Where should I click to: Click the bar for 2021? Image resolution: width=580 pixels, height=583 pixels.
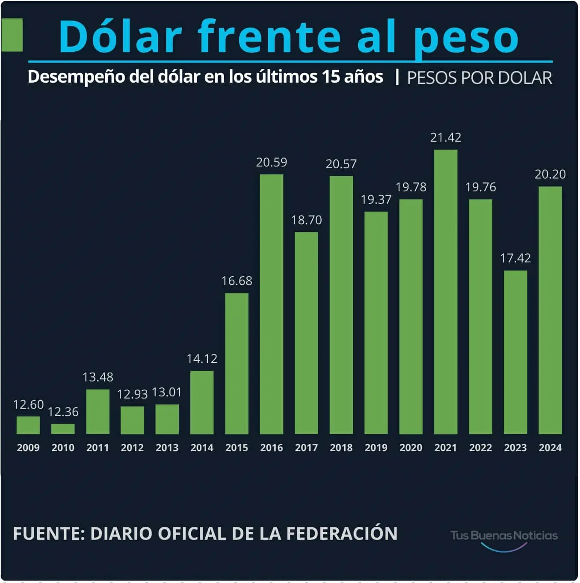pos(445,291)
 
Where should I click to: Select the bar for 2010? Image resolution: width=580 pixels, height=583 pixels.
pos(63,428)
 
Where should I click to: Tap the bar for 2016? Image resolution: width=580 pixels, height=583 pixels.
pos(272,304)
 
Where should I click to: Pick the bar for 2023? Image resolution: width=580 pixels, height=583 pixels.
pos(515,352)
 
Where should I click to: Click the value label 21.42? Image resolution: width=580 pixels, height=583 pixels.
pos(445,137)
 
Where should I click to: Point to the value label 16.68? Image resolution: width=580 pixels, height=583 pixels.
pos(237,281)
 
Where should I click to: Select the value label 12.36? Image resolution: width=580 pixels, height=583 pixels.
pos(63,412)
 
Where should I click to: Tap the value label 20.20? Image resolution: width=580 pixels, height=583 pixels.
pos(550,174)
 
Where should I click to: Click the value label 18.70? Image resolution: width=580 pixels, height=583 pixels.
pos(306,220)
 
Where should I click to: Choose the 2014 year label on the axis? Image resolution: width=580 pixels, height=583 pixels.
pos(202,448)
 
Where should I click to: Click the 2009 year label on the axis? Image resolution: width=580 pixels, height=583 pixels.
pos(28,448)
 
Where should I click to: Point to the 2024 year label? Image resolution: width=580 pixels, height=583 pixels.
pos(550,448)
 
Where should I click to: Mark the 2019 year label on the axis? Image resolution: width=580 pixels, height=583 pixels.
pos(376,448)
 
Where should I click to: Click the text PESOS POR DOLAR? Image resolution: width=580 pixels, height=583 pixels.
pos(479,78)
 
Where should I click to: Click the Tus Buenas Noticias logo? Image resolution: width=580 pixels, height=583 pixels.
pos(504,537)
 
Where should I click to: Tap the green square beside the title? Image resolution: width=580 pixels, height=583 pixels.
pos(12,35)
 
